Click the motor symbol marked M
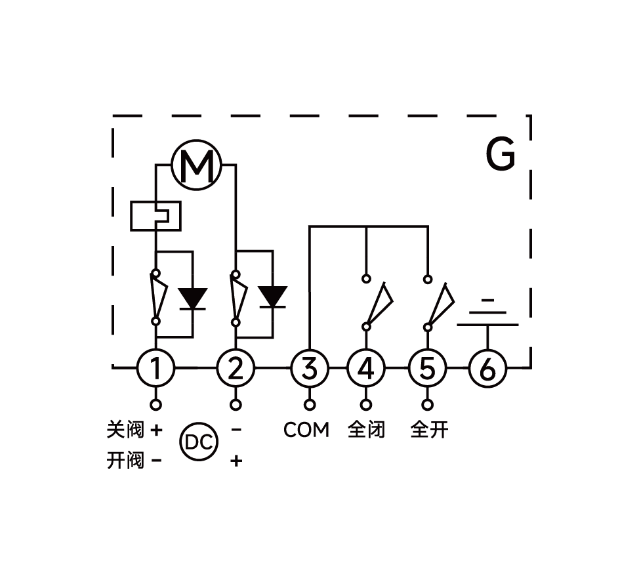point(197,167)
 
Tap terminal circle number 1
point(156,368)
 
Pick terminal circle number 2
point(236,368)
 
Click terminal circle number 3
point(310,368)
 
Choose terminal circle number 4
point(366,368)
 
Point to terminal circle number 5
point(427,368)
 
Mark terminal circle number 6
point(487,368)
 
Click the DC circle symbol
point(198,443)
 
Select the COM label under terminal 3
point(306,430)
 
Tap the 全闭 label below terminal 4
point(366,430)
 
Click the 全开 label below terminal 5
point(429,430)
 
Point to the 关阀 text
point(125,430)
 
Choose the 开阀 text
point(125,461)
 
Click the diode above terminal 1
point(193,299)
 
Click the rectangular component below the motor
point(155,216)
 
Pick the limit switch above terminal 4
point(377,302)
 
